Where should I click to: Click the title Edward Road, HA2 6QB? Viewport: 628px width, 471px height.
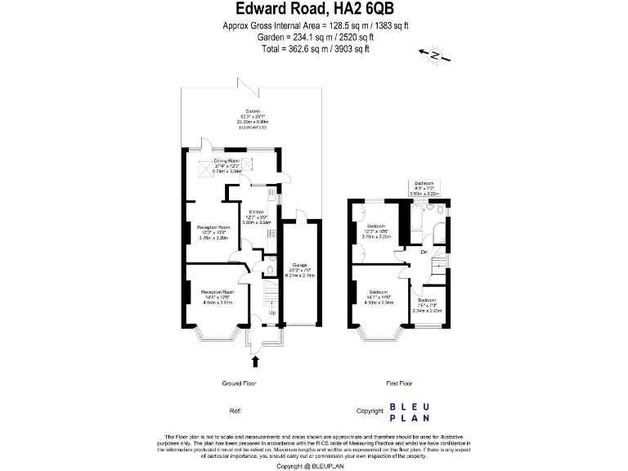coord(315,10)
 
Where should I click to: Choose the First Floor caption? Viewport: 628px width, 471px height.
coord(399,383)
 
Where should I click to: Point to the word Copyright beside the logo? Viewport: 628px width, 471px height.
coord(370,411)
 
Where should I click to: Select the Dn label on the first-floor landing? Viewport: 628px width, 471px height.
coord(424,252)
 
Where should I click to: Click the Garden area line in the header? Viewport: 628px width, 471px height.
coord(315,37)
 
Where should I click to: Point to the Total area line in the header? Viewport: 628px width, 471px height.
coord(315,48)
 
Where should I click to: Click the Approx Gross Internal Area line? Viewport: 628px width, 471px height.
coord(315,26)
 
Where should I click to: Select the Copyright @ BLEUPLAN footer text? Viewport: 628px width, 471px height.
coord(315,466)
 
